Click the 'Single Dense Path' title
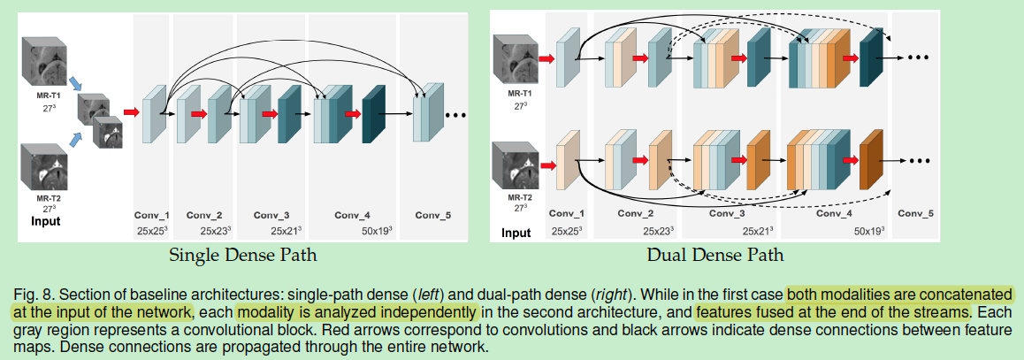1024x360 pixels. (x=242, y=256)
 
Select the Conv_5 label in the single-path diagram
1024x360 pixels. (x=433, y=215)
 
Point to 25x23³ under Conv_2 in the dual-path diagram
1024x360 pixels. (x=639, y=230)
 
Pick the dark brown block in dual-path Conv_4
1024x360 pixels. (x=872, y=160)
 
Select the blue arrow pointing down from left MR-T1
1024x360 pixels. (x=75, y=82)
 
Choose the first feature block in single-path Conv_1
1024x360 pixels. (x=154, y=113)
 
